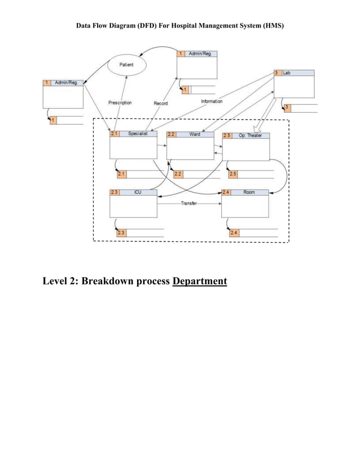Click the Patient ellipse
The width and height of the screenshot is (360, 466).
[126, 65]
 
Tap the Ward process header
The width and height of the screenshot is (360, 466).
[190, 135]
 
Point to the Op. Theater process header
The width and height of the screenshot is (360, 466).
[247, 135]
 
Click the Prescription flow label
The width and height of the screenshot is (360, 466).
[120, 103]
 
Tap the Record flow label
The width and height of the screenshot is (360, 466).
[160, 103]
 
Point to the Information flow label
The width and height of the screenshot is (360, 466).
[212, 102]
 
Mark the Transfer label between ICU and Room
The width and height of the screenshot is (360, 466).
[188, 203]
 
